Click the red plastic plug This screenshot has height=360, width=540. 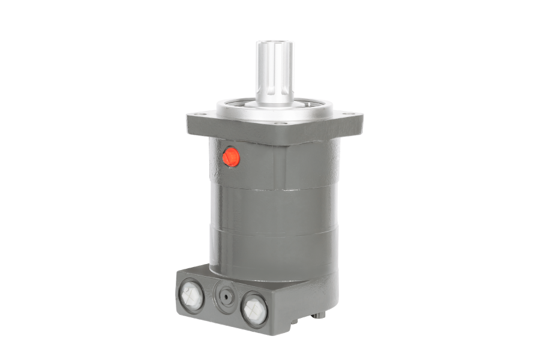pyautogui.click(x=231, y=158)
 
